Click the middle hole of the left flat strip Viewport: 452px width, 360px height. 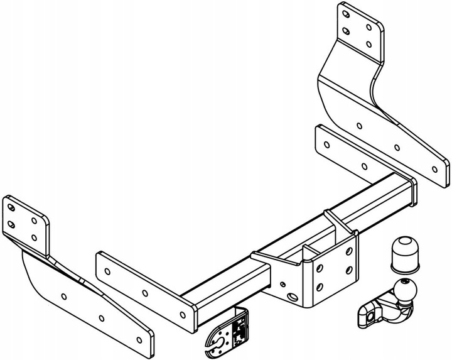[146, 292]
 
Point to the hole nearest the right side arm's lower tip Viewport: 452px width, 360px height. [433, 168]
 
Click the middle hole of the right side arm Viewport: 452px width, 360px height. [397, 148]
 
